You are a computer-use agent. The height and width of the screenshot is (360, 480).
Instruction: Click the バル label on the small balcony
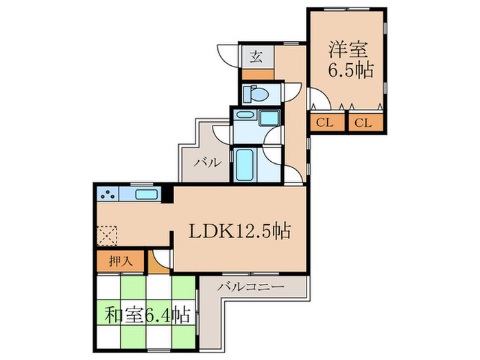(206, 163)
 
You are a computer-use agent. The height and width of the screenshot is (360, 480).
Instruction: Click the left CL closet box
(325, 123)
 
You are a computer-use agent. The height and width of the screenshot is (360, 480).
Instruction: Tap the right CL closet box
(363, 123)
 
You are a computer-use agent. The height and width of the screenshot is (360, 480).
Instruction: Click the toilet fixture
(253, 93)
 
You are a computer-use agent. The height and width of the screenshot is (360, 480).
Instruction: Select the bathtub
(245, 165)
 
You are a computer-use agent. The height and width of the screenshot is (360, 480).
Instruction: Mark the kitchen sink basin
(147, 195)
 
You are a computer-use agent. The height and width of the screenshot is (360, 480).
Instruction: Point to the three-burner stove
(108, 195)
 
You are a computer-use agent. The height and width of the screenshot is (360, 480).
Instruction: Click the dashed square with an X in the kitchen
(108, 237)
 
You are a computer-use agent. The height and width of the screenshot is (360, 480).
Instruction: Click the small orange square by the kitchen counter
(165, 200)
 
